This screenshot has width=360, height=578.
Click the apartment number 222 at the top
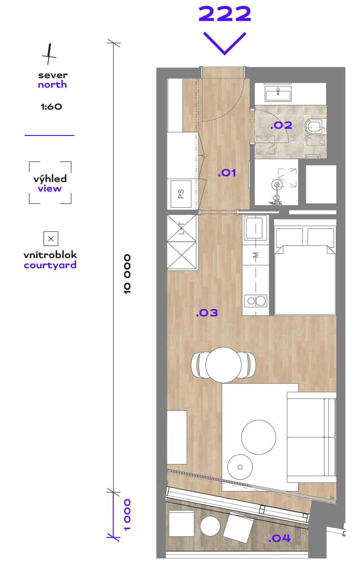click(224, 14)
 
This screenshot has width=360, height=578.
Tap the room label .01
click(227, 173)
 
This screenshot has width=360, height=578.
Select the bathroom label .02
click(281, 125)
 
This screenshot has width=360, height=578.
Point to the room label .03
click(206, 313)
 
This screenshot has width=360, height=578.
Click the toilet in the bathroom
click(314, 126)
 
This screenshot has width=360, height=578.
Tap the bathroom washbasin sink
click(278, 94)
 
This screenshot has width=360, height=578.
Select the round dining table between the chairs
click(224, 365)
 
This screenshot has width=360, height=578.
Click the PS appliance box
click(181, 194)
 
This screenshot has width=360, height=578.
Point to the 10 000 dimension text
click(127, 274)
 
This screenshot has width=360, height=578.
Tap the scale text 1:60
click(51, 106)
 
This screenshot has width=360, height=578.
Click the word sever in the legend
click(53, 76)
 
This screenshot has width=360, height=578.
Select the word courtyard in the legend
click(50, 265)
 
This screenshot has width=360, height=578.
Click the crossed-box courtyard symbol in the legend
click(51, 239)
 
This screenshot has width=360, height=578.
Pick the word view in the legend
click(50, 189)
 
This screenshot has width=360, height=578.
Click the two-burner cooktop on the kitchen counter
click(256, 300)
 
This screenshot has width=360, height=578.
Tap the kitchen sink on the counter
click(256, 228)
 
